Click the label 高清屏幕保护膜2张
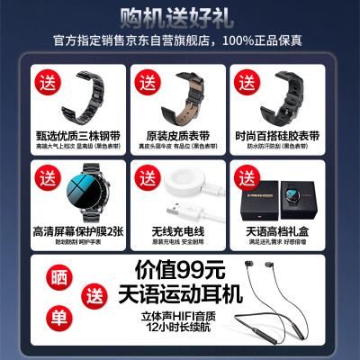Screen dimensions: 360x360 (x=76, y=229)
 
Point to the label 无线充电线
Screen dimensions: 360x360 (x=179, y=229)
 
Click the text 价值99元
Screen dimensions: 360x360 (x=169, y=269)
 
